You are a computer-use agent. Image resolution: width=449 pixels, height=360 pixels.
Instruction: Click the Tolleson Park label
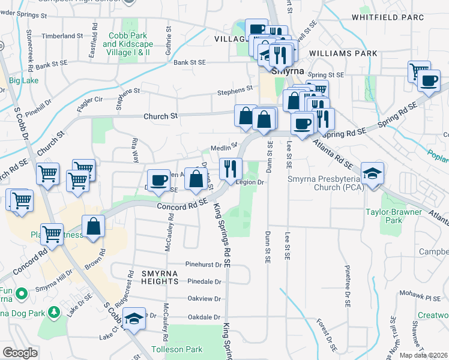(x=177, y=349)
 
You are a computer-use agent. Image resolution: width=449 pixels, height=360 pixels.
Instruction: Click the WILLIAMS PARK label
(x=343, y=53)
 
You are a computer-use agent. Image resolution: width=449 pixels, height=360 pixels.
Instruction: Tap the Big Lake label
(x=23, y=80)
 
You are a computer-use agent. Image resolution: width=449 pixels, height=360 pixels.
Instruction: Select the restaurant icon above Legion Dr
(x=231, y=169)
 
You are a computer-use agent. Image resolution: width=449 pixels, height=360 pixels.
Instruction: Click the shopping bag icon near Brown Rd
(x=94, y=226)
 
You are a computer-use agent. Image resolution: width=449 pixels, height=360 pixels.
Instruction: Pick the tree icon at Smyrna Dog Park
(x=53, y=312)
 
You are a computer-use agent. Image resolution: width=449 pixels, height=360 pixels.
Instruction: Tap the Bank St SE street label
(x=190, y=62)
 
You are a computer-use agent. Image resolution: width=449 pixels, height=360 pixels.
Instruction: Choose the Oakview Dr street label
(x=205, y=298)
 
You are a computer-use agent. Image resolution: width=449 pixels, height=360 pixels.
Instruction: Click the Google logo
(x=19, y=353)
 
